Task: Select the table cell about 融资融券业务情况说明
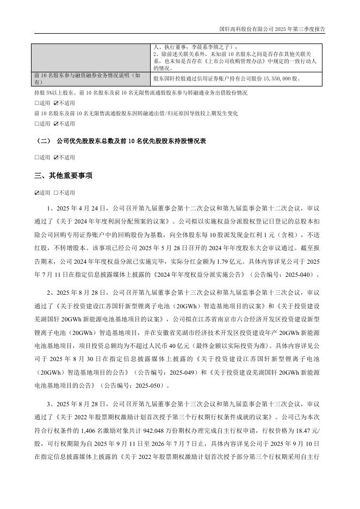(x=91, y=78)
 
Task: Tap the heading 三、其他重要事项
(x=63, y=176)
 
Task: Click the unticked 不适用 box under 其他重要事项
(x=56, y=193)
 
